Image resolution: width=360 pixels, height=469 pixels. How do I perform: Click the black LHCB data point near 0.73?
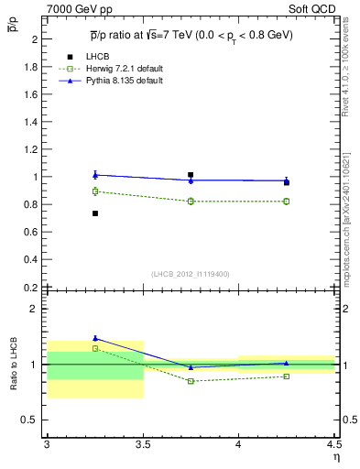point(94,213)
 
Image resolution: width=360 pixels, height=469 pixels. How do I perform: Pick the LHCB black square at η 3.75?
point(191,175)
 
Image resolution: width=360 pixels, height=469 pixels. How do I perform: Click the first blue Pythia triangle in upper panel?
point(94,174)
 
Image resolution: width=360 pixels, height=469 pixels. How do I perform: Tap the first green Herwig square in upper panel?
point(94,191)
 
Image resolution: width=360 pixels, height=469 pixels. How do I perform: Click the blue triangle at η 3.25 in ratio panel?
point(94,338)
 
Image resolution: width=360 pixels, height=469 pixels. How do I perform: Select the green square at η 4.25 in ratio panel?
point(287,376)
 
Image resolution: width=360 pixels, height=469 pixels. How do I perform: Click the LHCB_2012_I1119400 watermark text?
point(191,274)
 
